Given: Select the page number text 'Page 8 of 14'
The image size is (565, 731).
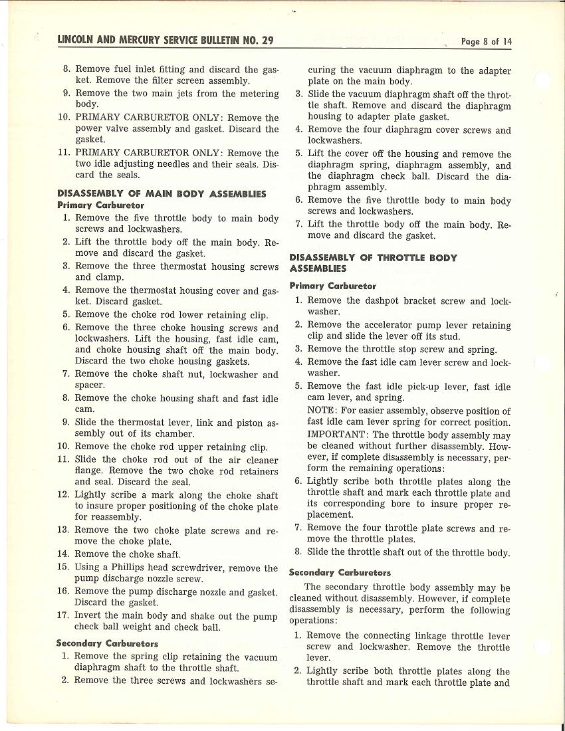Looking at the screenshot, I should click(487, 41).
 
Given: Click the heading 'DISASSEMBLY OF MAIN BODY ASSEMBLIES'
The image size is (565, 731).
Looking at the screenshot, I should click(162, 194).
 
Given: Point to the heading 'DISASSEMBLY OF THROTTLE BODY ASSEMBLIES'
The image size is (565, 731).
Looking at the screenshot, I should click(373, 263).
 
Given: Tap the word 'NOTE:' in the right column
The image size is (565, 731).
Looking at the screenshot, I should click(321, 411).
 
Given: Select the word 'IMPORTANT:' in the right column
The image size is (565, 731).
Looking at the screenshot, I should click(333, 435).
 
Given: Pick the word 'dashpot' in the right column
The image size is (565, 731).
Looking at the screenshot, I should click(385, 300).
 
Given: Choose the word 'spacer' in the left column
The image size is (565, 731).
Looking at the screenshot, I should click(89, 385).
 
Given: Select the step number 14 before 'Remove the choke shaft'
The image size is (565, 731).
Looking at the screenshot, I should click(62, 554).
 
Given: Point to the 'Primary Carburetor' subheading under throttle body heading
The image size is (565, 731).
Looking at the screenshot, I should click(332, 286).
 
